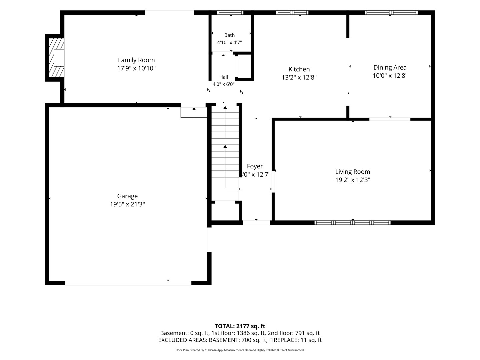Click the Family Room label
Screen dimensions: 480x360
(136, 60)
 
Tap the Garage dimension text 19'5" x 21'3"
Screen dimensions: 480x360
(127, 204)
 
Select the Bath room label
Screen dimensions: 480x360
(229, 35)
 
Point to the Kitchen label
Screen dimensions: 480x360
(299, 69)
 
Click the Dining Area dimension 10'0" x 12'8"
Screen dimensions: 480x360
(390, 76)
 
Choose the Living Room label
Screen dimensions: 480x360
(353, 172)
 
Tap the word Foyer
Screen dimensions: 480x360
(255, 166)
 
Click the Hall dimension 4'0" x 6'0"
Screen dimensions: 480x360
(223, 84)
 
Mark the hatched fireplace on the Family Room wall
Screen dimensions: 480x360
(56, 58)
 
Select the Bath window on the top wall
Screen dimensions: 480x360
(230, 12)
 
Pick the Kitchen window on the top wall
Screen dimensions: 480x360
(292, 12)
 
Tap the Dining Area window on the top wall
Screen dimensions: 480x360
(391, 12)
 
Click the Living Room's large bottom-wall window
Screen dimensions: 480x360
(352, 223)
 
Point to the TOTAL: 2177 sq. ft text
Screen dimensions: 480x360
(240, 326)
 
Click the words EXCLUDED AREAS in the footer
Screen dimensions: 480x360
(182, 340)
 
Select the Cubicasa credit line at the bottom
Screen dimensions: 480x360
(240, 350)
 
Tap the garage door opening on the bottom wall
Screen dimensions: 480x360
(128, 283)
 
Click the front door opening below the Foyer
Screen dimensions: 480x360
(257, 223)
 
